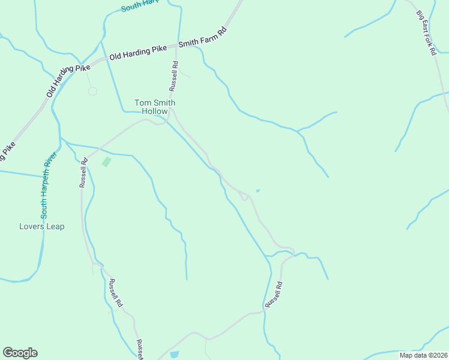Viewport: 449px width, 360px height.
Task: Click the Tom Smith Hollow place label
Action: (154, 107)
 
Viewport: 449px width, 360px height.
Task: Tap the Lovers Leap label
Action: (42, 227)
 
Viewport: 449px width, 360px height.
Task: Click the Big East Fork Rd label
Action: (427, 34)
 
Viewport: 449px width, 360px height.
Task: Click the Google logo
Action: (20, 353)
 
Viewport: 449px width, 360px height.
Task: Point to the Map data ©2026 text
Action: (423, 355)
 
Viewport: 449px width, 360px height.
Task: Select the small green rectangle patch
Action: (107, 161)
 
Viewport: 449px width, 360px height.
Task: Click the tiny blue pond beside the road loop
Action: (258, 191)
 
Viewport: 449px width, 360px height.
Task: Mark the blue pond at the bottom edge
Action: (174, 355)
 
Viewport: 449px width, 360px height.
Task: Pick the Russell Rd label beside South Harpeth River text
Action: (83, 173)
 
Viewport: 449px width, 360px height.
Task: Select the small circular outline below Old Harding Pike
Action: (92, 91)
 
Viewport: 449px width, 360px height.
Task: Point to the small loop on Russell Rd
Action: (244, 196)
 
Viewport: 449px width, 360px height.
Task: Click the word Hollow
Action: (154, 111)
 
